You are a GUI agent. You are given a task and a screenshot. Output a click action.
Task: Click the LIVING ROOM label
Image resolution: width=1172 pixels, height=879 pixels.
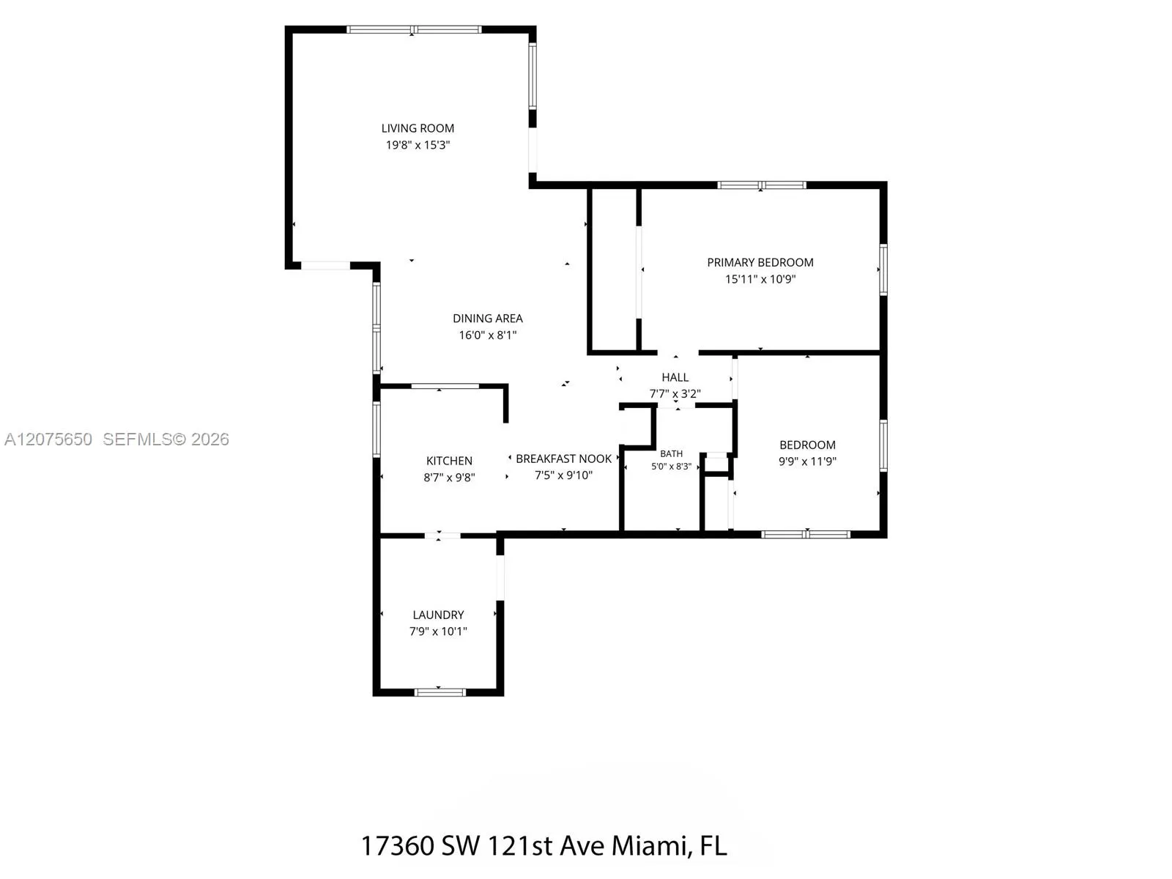pyautogui.click(x=418, y=129)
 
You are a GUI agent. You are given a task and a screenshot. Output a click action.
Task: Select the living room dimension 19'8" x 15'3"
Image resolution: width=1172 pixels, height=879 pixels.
pyautogui.click(x=418, y=145)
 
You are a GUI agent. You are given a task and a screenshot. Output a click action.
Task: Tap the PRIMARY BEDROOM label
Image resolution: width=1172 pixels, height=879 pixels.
pyautogui.click(x=760, y=262)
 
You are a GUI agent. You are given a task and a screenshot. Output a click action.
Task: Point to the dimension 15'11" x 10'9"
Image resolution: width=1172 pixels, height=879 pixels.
pyautogui.click(x=760, y=279)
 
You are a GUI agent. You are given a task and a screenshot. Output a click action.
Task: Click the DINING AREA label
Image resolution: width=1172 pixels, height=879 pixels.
pyautogui.click(x=488, y=319)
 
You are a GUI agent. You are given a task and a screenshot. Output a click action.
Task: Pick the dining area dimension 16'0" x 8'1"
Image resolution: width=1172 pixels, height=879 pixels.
pyautogui.click(x=488, y=335)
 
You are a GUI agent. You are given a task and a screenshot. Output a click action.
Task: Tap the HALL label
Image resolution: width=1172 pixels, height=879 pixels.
pyautogui.click(x=675, y=377)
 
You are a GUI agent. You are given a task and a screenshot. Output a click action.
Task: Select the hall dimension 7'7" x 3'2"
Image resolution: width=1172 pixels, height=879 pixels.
pyautogui.click(x=675, y=394)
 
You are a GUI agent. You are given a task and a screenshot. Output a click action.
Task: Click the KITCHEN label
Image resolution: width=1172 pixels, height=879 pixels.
pyautogui.click(x=449, y=461)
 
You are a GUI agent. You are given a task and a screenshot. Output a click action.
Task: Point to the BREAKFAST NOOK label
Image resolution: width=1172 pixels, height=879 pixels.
pyautogui.click(x=564, y=459)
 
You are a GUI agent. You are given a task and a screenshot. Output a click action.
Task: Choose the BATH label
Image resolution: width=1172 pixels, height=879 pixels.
pyautogui.click(x=671, y=453)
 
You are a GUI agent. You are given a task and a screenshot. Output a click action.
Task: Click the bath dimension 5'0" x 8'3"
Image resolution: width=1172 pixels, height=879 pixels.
pyautogui.click(x=671, y=467)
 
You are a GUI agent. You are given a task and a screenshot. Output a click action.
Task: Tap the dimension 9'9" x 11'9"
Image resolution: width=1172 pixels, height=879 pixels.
pyautogui.click(x=807, y=461)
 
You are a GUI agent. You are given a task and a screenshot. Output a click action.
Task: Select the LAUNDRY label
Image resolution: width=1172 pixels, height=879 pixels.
pyautogui.click(x=438, y=615)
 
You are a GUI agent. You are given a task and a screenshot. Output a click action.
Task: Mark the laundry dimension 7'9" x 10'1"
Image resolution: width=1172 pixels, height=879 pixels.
pyautogui.click(x=438, y=631)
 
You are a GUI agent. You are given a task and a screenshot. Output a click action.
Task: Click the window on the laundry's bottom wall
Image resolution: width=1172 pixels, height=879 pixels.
pyautogui.click(x=440, y=692)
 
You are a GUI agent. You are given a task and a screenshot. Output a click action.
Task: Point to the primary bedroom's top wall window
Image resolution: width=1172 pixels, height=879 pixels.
pyautogui.click(x=761, y=185)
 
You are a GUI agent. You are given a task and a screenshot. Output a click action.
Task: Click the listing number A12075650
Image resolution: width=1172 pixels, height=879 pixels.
pyautogui.click(x=48, y=439)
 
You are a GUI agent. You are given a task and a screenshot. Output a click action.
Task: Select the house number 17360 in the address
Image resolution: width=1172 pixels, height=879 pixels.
pyautogui.click(x=398, y=846)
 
